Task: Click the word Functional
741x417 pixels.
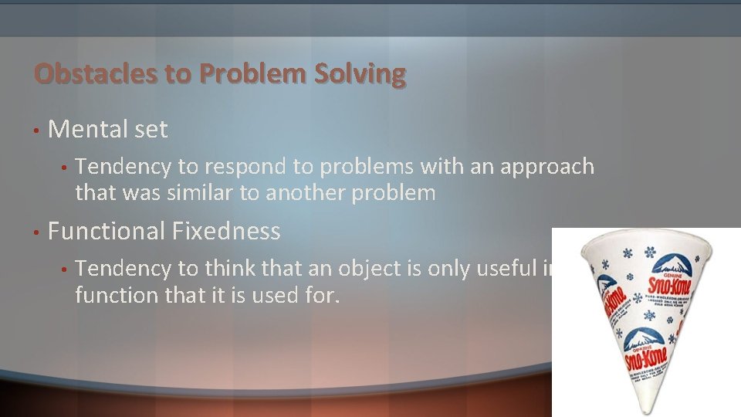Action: (x=107, y=231)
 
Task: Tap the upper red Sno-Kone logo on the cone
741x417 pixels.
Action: (x=661, y=286)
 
